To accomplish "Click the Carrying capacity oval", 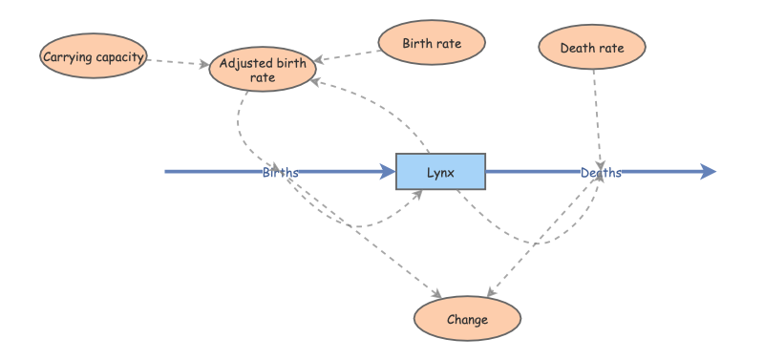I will coord(93,57).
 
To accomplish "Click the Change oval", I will coord(467,319).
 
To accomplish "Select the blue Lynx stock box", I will coord(441,172).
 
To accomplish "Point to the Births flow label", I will coord(281,173).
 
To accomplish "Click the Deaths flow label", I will coord(601,173).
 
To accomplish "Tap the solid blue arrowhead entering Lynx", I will coord(388,172).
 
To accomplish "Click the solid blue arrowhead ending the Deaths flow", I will coord(707,172).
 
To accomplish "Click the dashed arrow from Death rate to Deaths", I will coord(597,115).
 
